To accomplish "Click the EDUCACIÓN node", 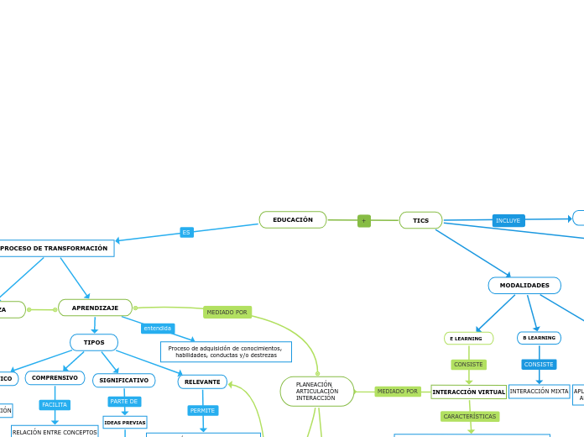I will tap(293, 220).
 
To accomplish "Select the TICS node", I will tap(420, 220).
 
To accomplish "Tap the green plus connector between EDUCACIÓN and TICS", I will tap(363, 221).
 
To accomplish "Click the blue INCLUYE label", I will tap(508, 220).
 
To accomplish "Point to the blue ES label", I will tap(186, 232).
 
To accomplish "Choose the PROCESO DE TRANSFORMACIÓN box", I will tap(55, 249).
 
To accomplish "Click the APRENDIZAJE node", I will tap(95, 308).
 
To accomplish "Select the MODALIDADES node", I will tap(524, 286).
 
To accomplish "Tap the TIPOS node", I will tap(94, 342).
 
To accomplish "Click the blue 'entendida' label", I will tap(157, 328).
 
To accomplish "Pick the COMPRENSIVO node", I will tap(55, 378).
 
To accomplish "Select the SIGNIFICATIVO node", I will tap(123, 381).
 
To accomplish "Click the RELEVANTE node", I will tap(202, 382).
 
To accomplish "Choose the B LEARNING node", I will tap(539, 338).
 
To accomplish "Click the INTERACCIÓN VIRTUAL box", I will tap(468, 392).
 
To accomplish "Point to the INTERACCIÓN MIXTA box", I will tap(539, 392).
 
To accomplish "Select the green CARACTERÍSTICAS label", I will tap(470, 416).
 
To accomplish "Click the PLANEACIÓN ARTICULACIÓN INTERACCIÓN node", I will tap(317, 391).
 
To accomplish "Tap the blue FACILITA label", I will tap(55, 404).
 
